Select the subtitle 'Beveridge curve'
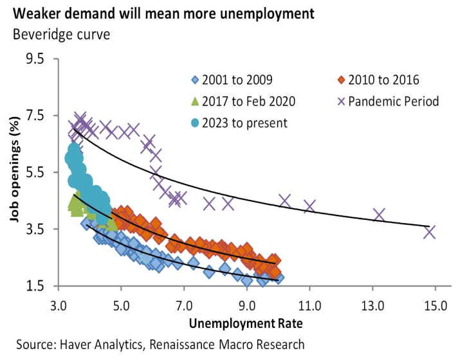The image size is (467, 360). [x=61, y=33]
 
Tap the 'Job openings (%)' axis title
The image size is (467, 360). [x=14, y=172]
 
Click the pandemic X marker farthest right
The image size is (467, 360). [x=430, y=231]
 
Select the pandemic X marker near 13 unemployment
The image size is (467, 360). [x=379, y=215]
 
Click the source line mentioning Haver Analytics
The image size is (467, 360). [x=160, y=345]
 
